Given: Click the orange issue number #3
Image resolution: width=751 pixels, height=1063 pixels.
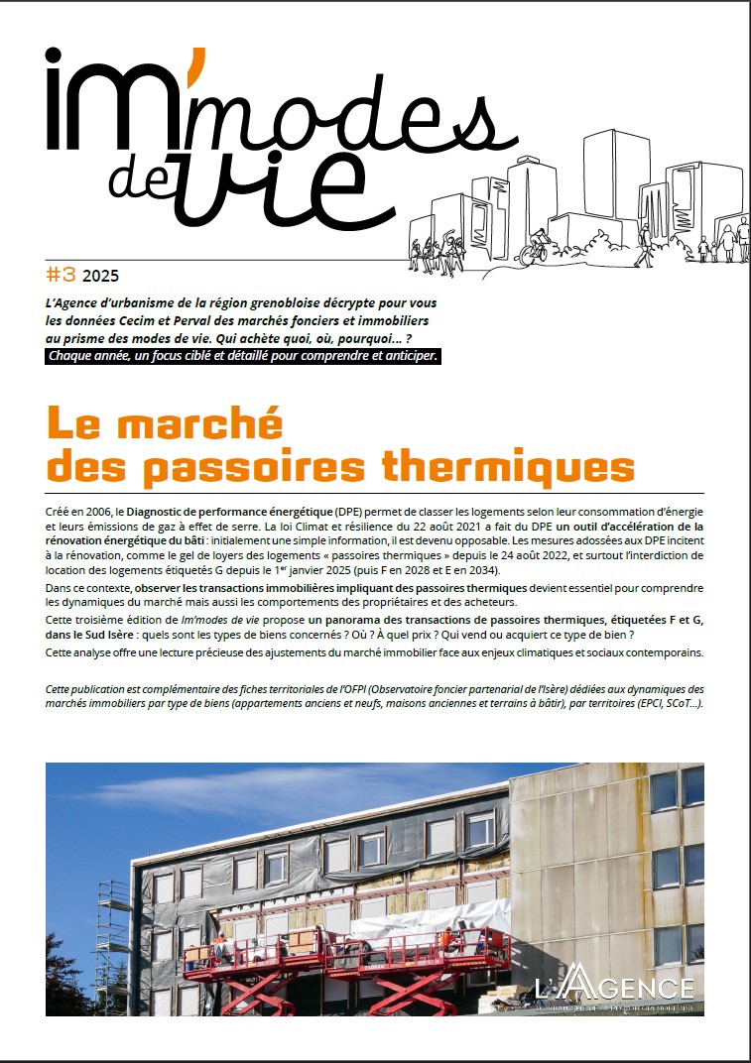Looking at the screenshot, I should [x=62, y=274].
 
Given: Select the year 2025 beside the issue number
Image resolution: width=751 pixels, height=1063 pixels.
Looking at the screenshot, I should [x=100, y=275].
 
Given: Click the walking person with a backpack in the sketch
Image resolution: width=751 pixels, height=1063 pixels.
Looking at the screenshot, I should [x=644, y=243].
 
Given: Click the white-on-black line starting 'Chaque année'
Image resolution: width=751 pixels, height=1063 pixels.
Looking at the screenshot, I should [x=243, y=355].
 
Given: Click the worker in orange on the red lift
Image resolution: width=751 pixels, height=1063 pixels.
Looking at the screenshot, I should [x=447, y=938].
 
